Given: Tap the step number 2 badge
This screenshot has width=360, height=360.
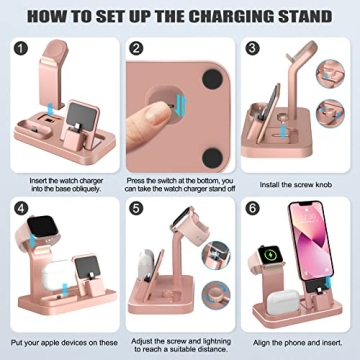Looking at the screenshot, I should coord(137,48).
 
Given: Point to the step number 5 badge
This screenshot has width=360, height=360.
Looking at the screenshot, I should coord(137,208).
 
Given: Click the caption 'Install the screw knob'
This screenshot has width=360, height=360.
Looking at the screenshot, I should coord(297,185).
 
